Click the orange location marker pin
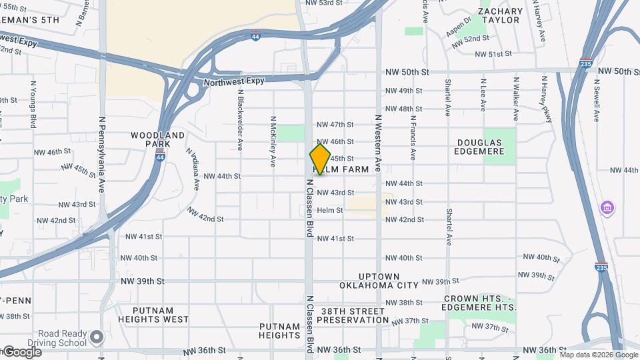tap(320, 159)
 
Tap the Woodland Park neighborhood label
tap(157, 139)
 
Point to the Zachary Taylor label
tap(501, 15)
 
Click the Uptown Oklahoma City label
tap(379, 281)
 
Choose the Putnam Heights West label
tap(153, 315)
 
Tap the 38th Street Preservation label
tap(353, 315)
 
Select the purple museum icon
tap(607, 209)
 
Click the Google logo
tap(21, 351)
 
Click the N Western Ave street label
tap(378, 143)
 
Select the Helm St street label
tap(329, 210)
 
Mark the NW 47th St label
tap(335, 125)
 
